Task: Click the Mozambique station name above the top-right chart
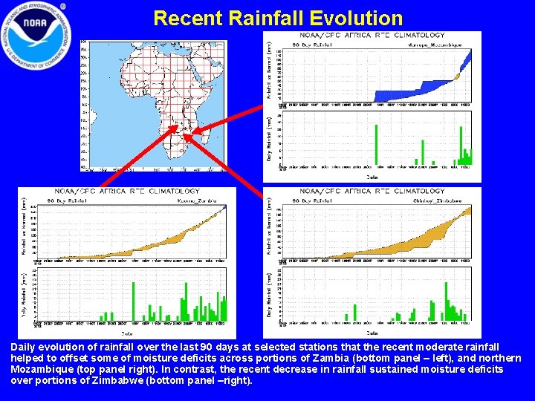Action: (439, 45)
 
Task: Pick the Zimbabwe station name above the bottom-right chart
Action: (439, 200)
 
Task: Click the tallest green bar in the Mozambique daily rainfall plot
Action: (376, 145)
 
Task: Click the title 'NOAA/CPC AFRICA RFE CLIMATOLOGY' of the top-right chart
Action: (372, 35)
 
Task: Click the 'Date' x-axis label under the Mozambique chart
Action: (372, 177)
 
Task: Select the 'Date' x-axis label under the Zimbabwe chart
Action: (372, 333)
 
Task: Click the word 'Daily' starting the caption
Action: (24, 348)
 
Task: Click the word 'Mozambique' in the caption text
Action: (39, 369)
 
